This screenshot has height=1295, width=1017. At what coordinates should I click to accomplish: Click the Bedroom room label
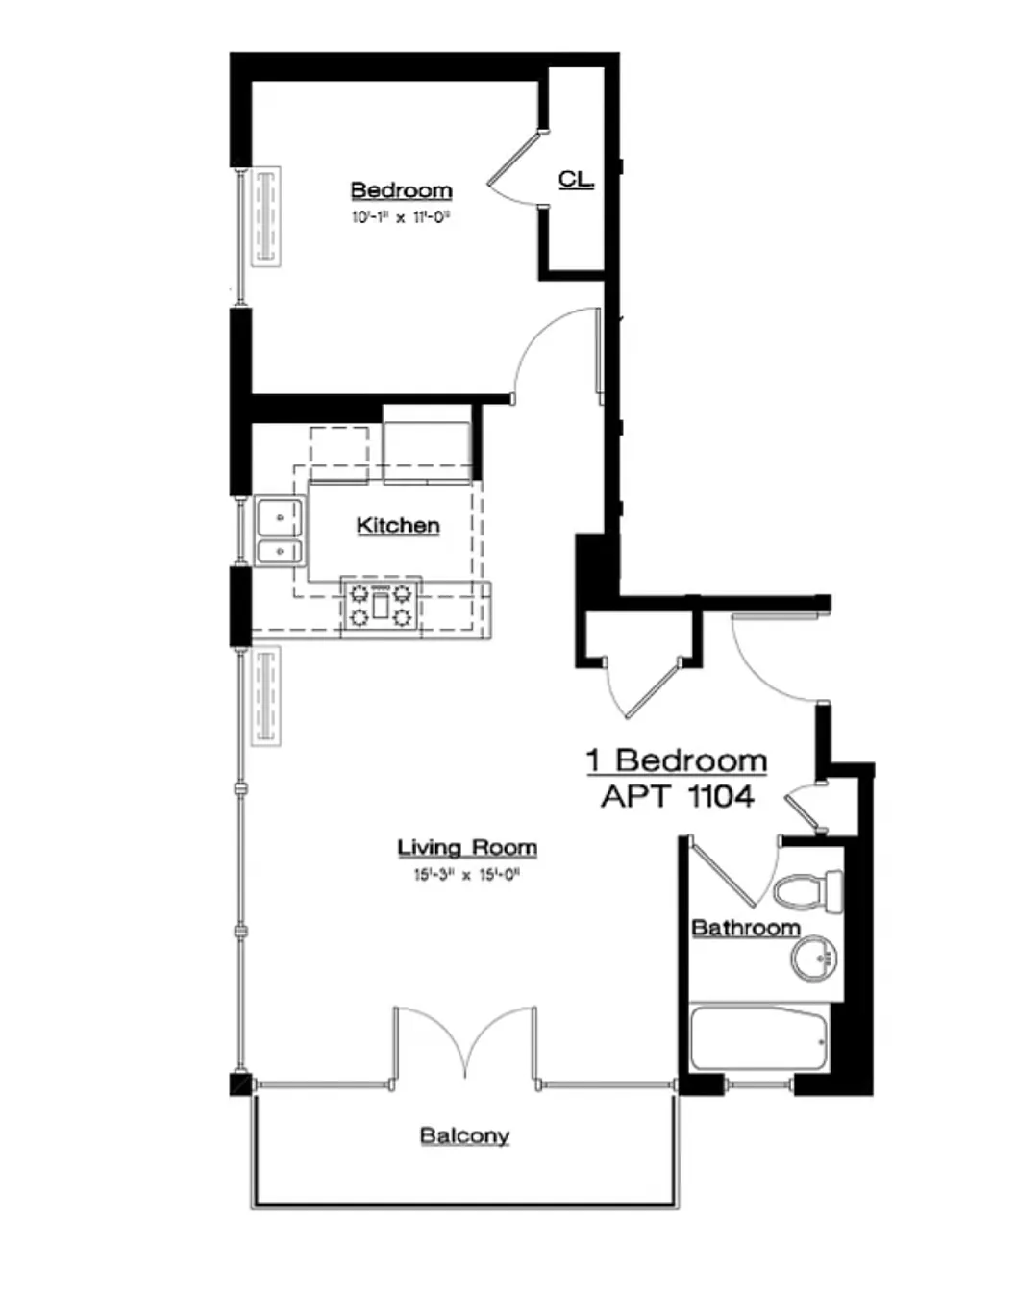point(401,189)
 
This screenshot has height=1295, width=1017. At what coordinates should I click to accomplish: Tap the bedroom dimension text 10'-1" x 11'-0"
point(401,217)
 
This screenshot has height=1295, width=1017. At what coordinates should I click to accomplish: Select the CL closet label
point(575,179)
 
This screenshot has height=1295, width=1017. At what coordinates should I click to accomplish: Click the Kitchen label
point(398,525)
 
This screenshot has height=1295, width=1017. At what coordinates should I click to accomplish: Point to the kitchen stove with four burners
point(381,605)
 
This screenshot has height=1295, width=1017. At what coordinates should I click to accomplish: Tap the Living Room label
point(467,847)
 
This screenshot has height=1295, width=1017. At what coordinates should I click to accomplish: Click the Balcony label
point(464,1135)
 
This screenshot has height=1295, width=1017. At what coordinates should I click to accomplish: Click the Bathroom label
point(746,928)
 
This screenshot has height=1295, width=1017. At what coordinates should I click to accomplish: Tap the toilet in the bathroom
point(807,891)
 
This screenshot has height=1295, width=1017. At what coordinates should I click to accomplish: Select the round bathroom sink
point(814,959)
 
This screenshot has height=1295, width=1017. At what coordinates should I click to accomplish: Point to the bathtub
point(758,1038)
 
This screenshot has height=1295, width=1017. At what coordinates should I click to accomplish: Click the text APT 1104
point(677,796)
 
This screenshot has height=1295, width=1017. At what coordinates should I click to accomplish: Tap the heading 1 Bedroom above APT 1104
point(677,760)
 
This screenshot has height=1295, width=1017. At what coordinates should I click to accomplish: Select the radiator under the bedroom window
point(265,216)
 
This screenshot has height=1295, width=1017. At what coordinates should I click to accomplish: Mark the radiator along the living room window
point(265,695)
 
